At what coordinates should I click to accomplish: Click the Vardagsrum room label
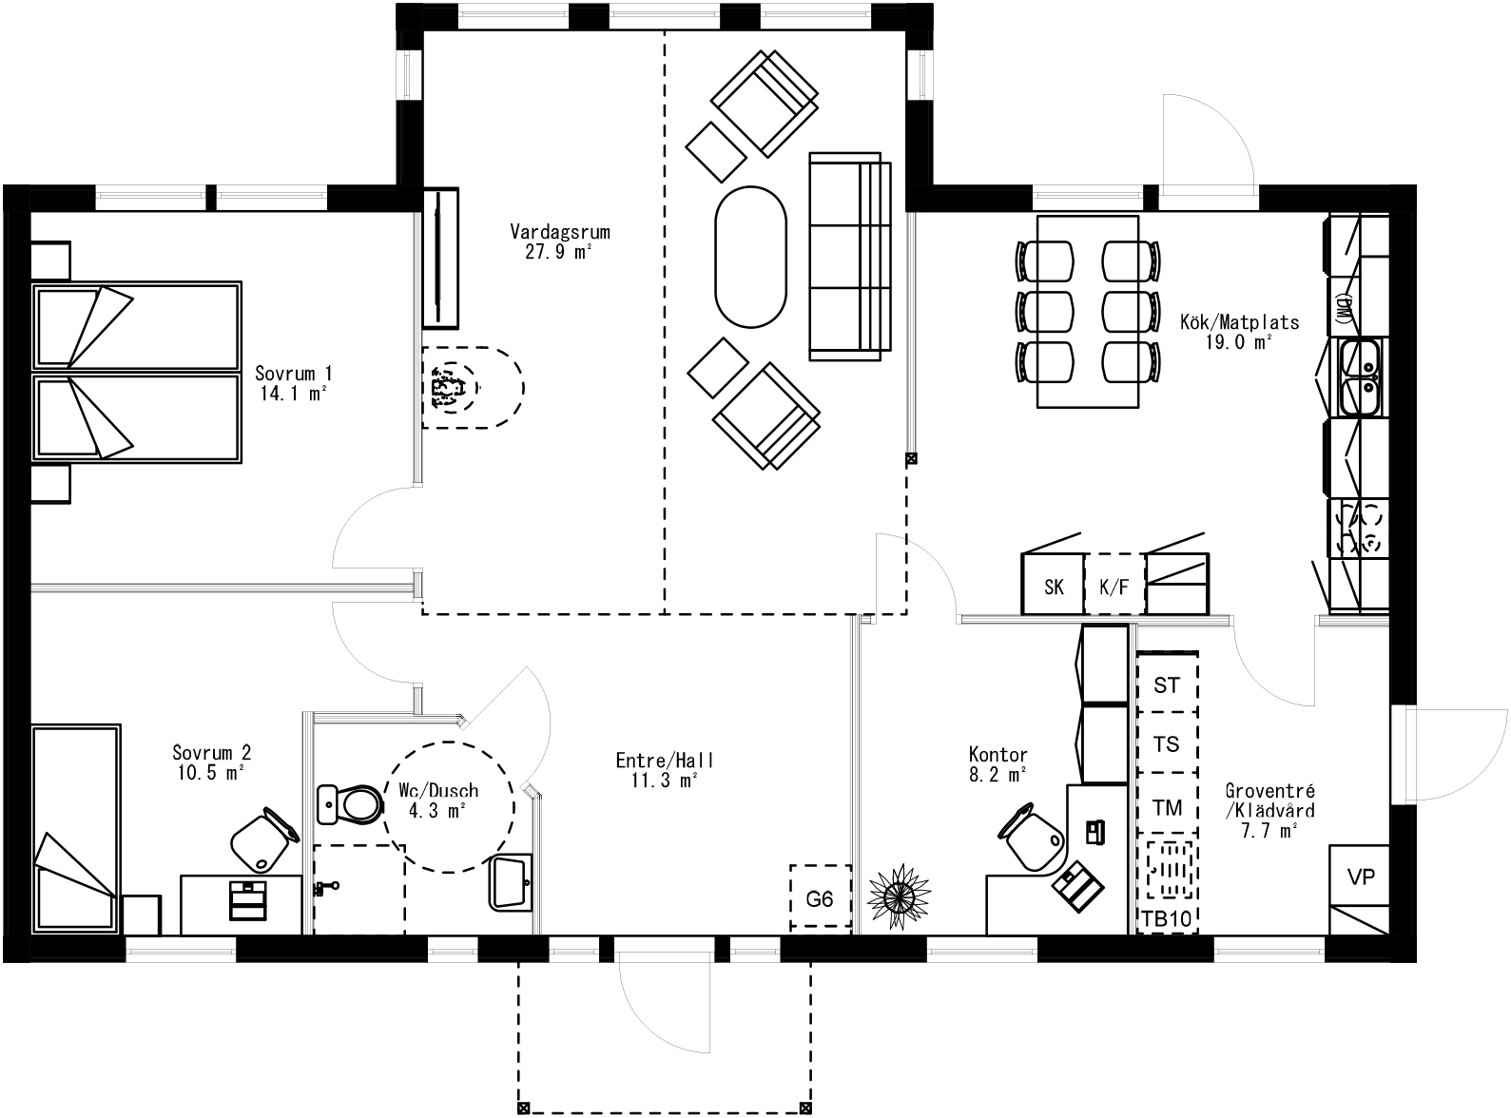point(559,232)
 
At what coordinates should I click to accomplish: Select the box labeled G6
point(820,897)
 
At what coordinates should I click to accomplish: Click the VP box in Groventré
point(1361,876)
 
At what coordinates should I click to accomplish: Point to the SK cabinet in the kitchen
point(1053,586)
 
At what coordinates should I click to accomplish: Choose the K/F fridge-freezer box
point(1114,586)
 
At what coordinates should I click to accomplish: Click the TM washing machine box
point(1167,808)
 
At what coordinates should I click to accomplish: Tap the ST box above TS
point(1167,684)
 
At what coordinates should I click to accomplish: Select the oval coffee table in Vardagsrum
point(750,257)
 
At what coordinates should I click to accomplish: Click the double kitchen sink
point(1361,378)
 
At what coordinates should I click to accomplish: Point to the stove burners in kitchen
point(1359,530)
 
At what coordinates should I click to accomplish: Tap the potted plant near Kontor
point(899,895)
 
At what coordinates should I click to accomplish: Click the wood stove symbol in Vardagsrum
point(449,388)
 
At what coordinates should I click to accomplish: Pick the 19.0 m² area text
point(1238,343)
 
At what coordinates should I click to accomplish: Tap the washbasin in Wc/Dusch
point(512,882)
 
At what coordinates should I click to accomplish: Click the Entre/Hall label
point(664,761)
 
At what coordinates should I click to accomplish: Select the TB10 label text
point(1167,919)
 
